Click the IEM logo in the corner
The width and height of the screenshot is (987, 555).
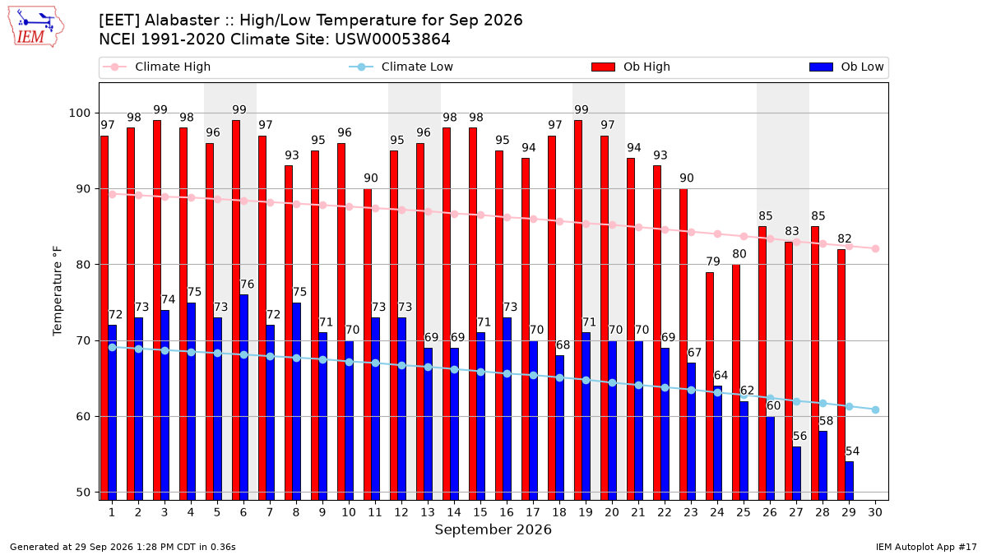36,27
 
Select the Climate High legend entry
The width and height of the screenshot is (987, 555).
156,67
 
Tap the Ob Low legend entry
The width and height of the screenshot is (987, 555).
846,67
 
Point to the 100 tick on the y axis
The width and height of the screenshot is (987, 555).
79,113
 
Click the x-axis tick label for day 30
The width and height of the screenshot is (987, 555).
875,512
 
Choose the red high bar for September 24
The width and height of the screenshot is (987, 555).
709,386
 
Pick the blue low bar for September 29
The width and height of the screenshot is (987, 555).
849,481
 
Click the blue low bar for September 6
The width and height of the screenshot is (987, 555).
243,397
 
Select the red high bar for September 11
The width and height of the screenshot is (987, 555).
368,345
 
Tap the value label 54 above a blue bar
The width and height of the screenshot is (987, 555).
852,451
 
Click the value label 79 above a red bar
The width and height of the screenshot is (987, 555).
713,261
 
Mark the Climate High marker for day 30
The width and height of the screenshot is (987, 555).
875,249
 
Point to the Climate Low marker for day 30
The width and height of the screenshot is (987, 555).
875,410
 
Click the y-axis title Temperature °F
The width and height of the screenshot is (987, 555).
58,291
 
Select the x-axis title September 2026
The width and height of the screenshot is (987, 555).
493,530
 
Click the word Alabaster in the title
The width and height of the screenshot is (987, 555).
182,21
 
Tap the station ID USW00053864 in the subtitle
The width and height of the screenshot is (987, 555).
392,39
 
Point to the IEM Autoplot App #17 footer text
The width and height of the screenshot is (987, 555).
926,547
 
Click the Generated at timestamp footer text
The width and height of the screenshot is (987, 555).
123,547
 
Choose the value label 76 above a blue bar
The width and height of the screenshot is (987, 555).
248,284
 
